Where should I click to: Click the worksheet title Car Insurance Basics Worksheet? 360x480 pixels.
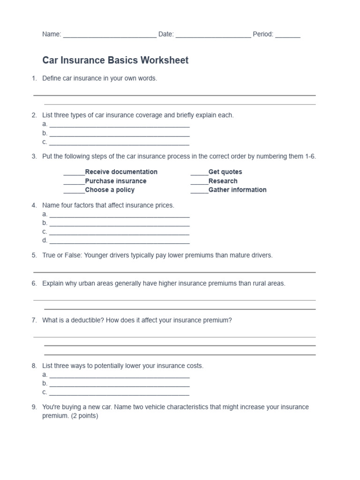115,60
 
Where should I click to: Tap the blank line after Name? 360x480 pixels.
110,35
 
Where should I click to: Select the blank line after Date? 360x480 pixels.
213,35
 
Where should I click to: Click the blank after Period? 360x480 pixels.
288,35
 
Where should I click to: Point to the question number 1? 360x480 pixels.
34,78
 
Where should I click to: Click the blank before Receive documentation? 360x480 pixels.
74,172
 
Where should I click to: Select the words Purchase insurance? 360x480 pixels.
116,181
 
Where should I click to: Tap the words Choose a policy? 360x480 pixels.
110,190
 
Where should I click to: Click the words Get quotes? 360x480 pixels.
225,172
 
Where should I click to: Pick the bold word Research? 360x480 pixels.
223,181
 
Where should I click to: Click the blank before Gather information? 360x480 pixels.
199,190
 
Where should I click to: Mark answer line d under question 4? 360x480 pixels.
119,241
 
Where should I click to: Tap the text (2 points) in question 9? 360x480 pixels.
84,416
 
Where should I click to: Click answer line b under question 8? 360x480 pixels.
119,384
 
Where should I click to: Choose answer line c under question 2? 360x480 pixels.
119,143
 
